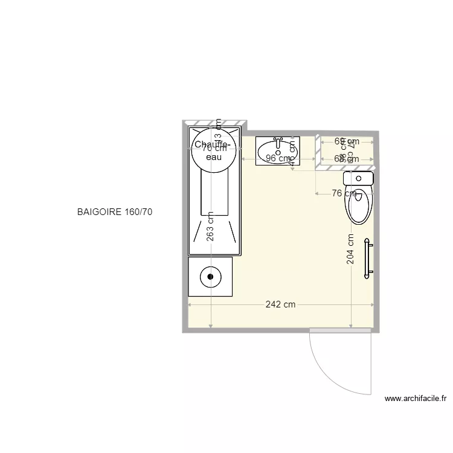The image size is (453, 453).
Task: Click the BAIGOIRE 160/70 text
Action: pyautogui.click(x=118, y=213)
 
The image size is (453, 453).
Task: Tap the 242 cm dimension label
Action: pyautogui.click(x=281, y=304)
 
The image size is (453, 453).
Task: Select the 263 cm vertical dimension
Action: pyautogui.click(x=210, y=226)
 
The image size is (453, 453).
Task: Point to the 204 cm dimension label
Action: pyautogui.click(x=351, y=249)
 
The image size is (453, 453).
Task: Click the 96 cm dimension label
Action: pyautogui.click(x=278, y=159)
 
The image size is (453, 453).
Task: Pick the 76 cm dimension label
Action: pyautogui.click(x=344, y=193)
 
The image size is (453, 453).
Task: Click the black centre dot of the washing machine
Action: pyautogui.click(x=210, y=277)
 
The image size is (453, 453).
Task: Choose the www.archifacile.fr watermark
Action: pyautogui.click(x=415, y=399)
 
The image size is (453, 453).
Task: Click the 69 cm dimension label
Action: pyautogui.click(x=347, y=141)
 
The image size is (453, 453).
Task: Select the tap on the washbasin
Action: pyautogui.click(x=278, y=143)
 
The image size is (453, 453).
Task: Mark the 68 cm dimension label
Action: pyautogui.click(x=347, y=159)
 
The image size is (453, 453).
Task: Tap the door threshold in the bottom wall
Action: pyautogui.click(x=340, y=330)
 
